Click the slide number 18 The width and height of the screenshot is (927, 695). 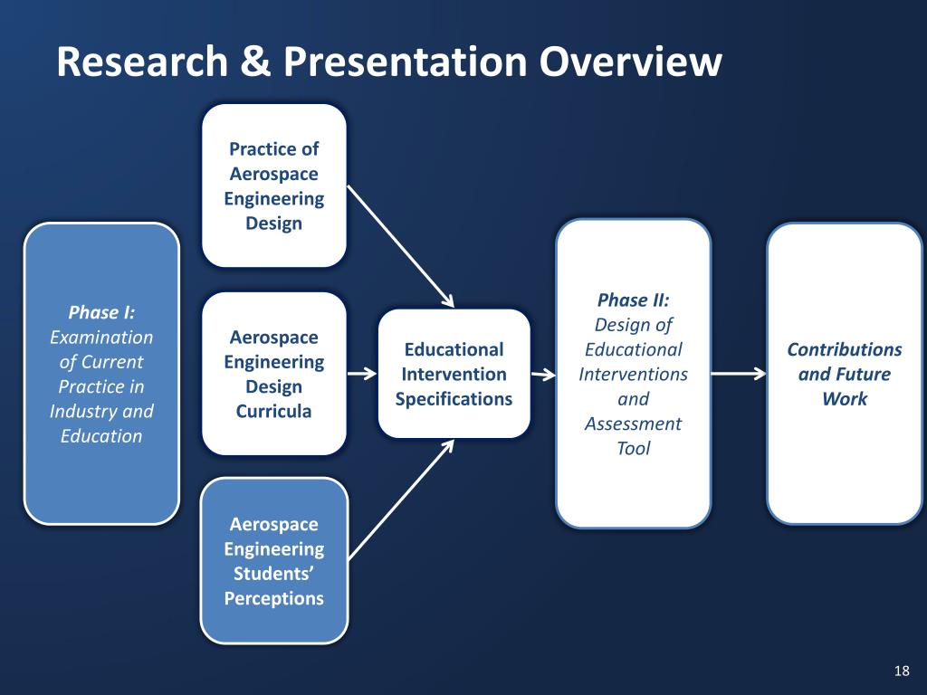tap(901, 671)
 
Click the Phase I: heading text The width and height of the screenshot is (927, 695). tap(101, 313)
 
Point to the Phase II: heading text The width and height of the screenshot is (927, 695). tap(633, 300)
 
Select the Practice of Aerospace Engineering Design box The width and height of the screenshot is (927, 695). tap(273, 186)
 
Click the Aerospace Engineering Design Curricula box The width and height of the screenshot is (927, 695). tap(273, 374)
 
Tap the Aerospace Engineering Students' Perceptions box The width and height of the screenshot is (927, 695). tap(273, 560)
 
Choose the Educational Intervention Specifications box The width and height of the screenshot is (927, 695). tap(454, 374)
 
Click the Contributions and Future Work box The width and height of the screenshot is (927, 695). tap(844, 374)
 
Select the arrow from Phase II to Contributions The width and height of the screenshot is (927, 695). tap(738, 374)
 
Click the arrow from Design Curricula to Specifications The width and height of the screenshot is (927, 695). tap(362, 374)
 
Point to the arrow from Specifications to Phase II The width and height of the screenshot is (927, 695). tap(543, 374)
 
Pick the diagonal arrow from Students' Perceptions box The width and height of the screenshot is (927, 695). tap(400, 500)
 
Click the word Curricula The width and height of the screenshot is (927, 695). tap(273, 412)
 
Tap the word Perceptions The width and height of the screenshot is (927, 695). tap(273, 598)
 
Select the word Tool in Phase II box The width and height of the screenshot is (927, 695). tap(633, 448)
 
